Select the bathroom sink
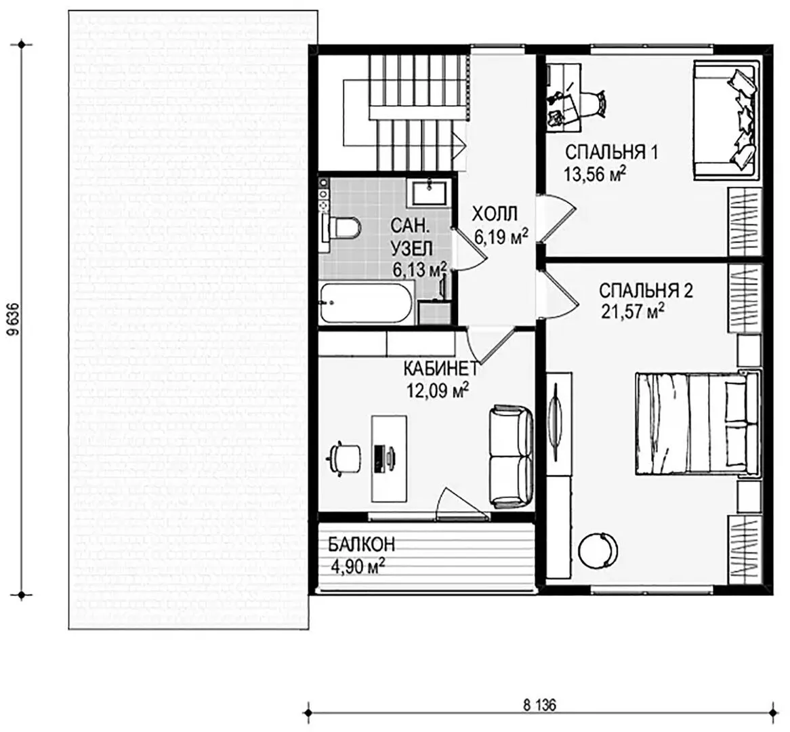[429, 192]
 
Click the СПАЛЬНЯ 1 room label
[611, 152]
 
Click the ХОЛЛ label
[494, 214]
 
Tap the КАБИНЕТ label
[440, 369]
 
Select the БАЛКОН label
[362, 544]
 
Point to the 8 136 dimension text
[539, 705]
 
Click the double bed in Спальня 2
[698, 423]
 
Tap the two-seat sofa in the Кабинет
[511, 456]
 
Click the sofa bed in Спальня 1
[726, 120]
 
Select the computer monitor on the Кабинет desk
[379, 458]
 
